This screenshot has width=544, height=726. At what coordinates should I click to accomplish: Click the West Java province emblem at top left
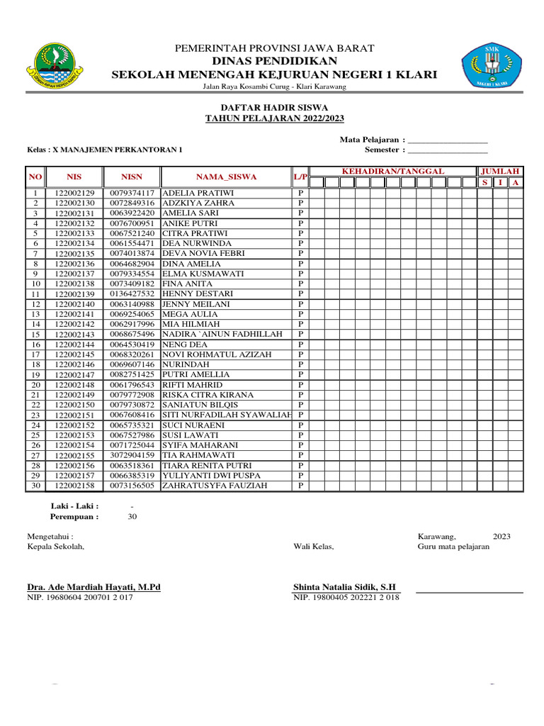pos(55,65)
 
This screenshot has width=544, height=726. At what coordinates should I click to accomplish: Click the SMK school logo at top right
pos(491,66)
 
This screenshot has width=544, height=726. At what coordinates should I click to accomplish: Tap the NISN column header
pos(132,177)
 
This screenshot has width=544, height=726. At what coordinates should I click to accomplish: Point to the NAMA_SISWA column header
pos(227,177)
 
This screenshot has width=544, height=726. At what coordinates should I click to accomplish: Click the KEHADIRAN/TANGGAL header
pos(392,172)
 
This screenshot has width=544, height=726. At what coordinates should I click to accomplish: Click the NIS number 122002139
pos(74,294)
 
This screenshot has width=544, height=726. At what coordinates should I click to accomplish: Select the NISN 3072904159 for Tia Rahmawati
pos(132,455)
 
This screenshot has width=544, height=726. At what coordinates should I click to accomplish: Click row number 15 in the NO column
pos(35,335)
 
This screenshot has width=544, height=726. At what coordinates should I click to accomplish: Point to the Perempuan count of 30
pos(132,517)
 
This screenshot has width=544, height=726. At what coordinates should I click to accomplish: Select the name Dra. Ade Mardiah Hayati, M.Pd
pos(93,587)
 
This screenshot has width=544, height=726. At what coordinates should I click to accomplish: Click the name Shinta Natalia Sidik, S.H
pos(345,587)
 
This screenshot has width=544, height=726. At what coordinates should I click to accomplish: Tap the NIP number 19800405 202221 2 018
pos(346,598)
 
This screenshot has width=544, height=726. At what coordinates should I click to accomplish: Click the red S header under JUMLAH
pos(484,183)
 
